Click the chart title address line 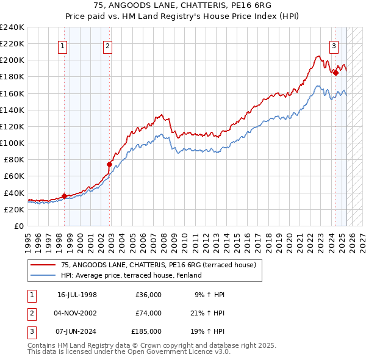pos(183,5)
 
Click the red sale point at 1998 pos(64,196)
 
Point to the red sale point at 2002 pos(110,164)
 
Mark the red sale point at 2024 pos(335,73)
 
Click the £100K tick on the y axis pos(12,143)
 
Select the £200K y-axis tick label pos(12,60)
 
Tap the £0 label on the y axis pos(18,226)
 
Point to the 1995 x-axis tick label pos(28,238)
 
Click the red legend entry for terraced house pos(162,265)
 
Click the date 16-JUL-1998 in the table pos(77,295)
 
